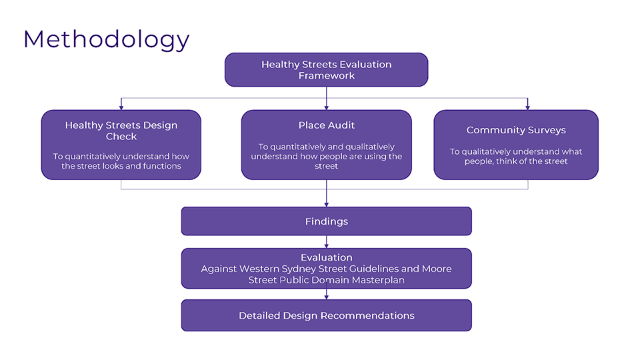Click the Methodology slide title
pyautogui.click(x=107, y=40)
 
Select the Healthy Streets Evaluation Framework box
pyautogui.click(x=327, y=70)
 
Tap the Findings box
pyautogui.click(x=327, y=221)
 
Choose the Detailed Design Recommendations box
pyautogui.click(x=327, y=315)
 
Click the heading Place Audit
pyautogui.click(x=327, y=125)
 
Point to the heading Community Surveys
pyautogui.click(x=516, y=130)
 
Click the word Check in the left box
pyautogui.click(x=121, y=137)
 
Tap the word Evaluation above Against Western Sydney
pyautogui.click(x=327, y=257)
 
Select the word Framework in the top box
pyautogui.click(x=327, y=76)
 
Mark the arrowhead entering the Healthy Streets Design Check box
pyautogui.click(x=121, y=108)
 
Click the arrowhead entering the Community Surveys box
pyautogui.click(x=528, y=108)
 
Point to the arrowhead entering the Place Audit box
pyautogui.click(x=327, y=108)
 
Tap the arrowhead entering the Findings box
pyautogui.click(x=327, y=205)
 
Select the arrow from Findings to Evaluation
pyautogui.click(x=327, y=241)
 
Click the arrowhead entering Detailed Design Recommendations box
pyautogui.click(x=327, y=297)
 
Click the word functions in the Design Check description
pyautogui.click(x=162, y=166)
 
